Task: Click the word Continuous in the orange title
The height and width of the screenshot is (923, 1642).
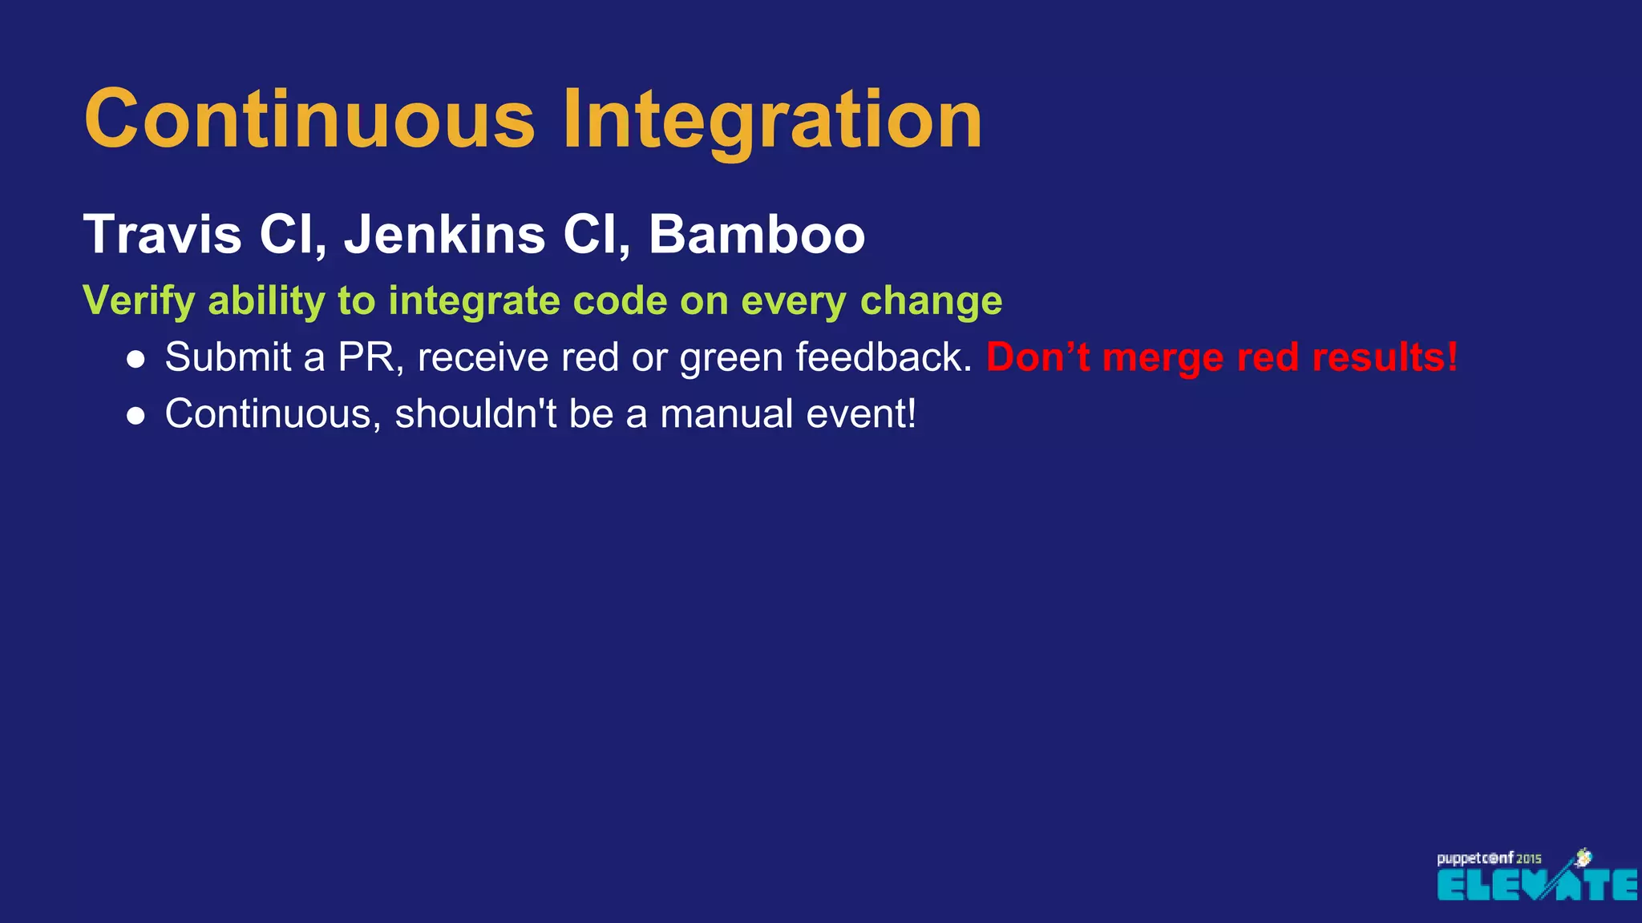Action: pyautogui.click(x=309, y=119)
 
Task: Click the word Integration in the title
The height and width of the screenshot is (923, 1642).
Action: pyautogui.click(x=772, y=119)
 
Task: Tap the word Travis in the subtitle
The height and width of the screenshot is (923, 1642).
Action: pyautogui.click(x=163, y=234)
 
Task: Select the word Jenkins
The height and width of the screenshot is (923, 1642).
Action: pyautogui.click(x=445, y=234)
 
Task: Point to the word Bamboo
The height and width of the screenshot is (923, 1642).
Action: pyautogui.click(x=757, y=234)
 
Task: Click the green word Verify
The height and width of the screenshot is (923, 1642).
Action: pyautogui.click(x=139, y=301)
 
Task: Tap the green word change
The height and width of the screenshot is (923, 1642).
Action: pyautogui.click(x=931, y=301)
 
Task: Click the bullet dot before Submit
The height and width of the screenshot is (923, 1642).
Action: pyautogui.click(x=136, y=360)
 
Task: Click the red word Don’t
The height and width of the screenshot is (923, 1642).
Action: pyautogui.click(x=1038, y=357)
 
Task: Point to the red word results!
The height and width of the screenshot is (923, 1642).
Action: pyautogui.click(x=1385, y=357)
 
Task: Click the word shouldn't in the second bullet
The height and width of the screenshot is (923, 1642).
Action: pyautogui.click(x=475, y=414)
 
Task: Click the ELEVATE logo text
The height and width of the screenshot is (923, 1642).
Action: pyautogui.click(x=1536, y=885)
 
